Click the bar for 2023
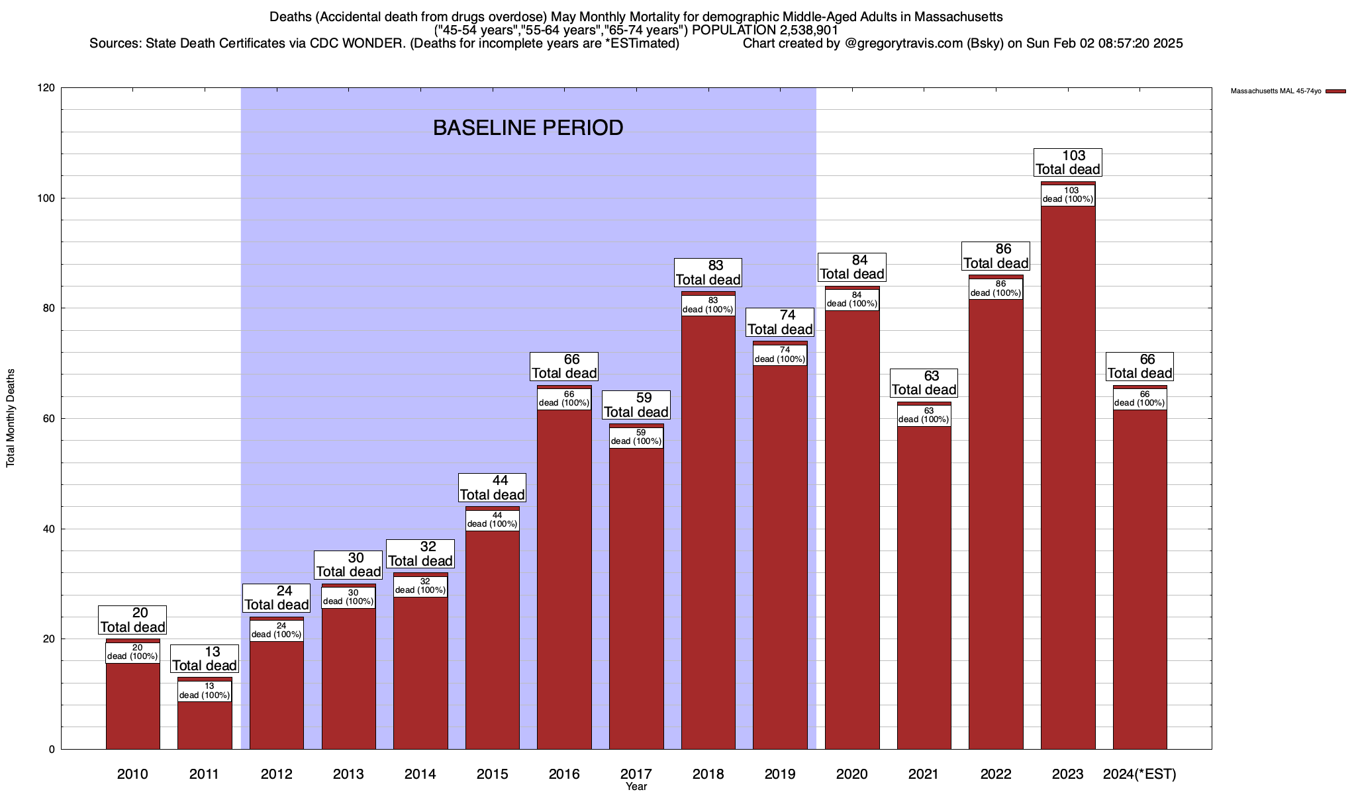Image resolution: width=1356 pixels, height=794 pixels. click(x=1067, y=476)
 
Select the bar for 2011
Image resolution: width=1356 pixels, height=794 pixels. click(x=205, y=725)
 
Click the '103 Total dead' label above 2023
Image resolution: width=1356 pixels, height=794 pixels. click(x=1068, y=162)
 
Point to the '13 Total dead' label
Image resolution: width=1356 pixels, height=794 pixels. click(x=205, y=659)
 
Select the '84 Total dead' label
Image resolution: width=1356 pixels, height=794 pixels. click(x=852, y=267)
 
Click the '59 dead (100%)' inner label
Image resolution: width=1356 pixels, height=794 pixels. click(x=636, y=437)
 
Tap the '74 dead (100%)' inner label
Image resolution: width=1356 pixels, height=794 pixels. click(x=780, y=355)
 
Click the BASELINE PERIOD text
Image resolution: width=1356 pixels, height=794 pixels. click(x=528, y=128)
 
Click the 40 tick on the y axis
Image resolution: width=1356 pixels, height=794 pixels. click(x=50, y=529)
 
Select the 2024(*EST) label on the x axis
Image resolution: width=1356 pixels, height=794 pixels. click(x=1139, y=774)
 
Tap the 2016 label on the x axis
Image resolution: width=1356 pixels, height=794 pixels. click(x=564, y=774)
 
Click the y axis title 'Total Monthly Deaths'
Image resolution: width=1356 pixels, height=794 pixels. click(x=11, y=418)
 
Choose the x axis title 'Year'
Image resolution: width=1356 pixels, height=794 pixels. click(x=636, y=787)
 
